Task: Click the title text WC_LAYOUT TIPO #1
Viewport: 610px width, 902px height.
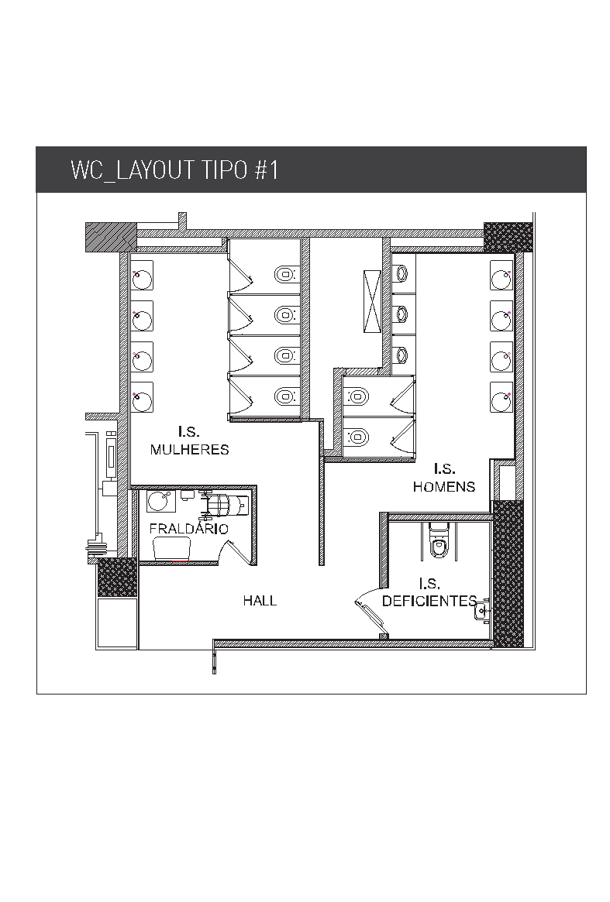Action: click(174, 170)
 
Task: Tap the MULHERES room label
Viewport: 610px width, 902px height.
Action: click(189, 449)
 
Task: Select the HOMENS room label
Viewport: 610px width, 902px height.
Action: click(444, 487)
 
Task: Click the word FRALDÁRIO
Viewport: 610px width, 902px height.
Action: click(189, 528)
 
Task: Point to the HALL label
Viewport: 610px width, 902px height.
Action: click(260, 601)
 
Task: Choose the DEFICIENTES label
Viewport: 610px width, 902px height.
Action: click(429, 601)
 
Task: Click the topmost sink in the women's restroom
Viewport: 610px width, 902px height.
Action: click(143, 280)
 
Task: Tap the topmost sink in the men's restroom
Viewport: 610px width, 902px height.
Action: click(501, 279)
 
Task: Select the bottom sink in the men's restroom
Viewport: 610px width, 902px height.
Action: click(501, 397)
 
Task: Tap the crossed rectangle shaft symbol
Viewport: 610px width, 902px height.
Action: click(371, 301)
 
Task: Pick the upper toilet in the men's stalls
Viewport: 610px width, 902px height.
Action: click(357, 396)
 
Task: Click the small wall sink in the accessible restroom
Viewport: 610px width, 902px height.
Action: click(483, 612)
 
